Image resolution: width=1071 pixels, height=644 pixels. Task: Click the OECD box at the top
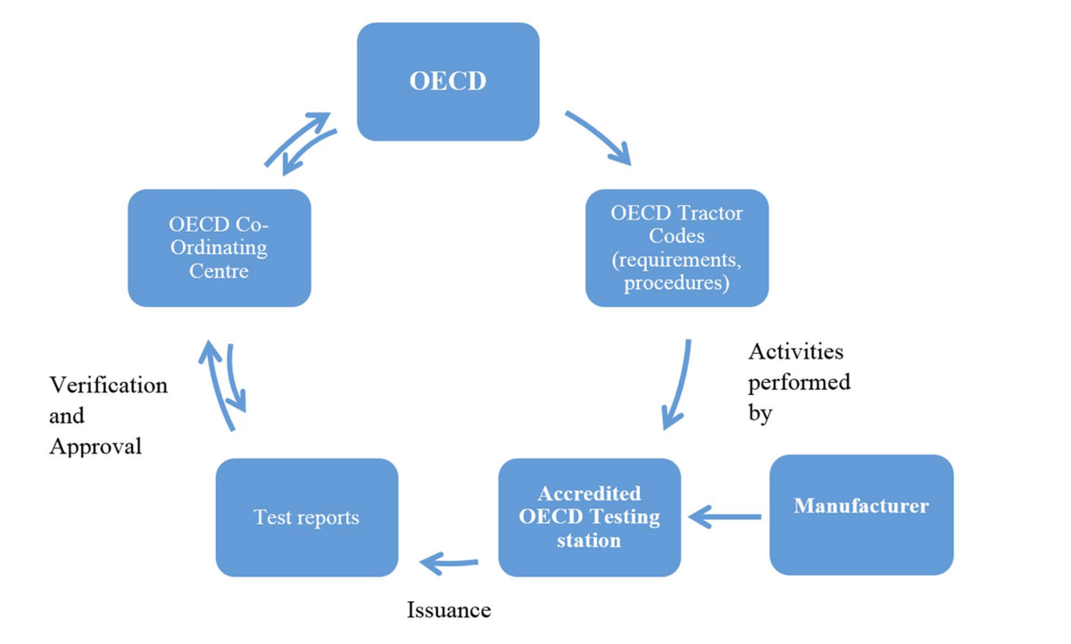pyautogui.click(x=448, y=81)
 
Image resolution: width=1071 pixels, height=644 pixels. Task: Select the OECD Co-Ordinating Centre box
pyautogui.click(x=220, y=248)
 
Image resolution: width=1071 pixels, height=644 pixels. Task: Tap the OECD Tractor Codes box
pyautogui.click(x=677, y=248)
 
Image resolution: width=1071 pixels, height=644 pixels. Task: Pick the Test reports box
pyautogui.click(x=306, y=517)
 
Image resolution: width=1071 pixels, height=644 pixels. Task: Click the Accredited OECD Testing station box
pyautogui.click(x=589, y=517)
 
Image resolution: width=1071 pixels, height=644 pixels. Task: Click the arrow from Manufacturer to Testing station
pyautogui.click(x=725, y=516)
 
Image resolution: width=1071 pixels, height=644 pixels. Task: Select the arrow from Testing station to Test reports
pyautogui.click(x=448, y=563)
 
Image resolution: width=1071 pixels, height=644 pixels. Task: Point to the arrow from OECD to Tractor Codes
pyautogui.click(x=599, y=137)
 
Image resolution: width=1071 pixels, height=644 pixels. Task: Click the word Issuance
pyautogui.click(x=449, y=610)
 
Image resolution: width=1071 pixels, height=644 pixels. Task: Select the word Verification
pyautogui.click(x=108, y=385)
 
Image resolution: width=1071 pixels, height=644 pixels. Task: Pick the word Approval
pyautogui.click(x=95, y=446)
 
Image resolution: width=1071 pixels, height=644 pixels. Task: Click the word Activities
pyautogui.click(x=795, y=351)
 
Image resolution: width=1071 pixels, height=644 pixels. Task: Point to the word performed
pyautogui.click(x=799, y=383)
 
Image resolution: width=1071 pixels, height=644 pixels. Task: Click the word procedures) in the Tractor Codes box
pyautogui.click(x=677, y=284)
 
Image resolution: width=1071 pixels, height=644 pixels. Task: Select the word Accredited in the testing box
pyautogui.click(x=589, y=493)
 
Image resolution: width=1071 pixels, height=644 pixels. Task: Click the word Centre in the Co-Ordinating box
pyautogui.click(x=219, y=270)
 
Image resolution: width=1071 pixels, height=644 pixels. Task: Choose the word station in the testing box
pyautogui.click(x=589, y=541)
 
